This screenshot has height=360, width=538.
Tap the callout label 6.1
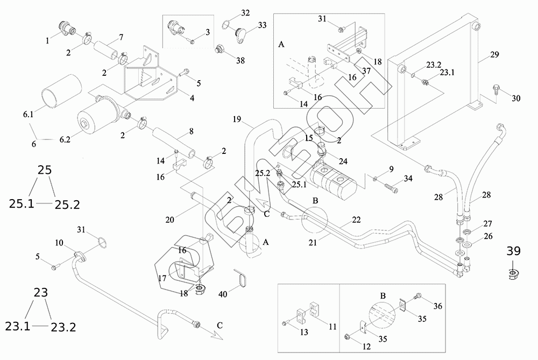27,115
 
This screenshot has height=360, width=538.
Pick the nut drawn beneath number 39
513,273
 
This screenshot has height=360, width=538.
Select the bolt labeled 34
391,189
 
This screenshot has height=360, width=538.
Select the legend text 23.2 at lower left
64,327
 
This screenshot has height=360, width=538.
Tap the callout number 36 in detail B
438,306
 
